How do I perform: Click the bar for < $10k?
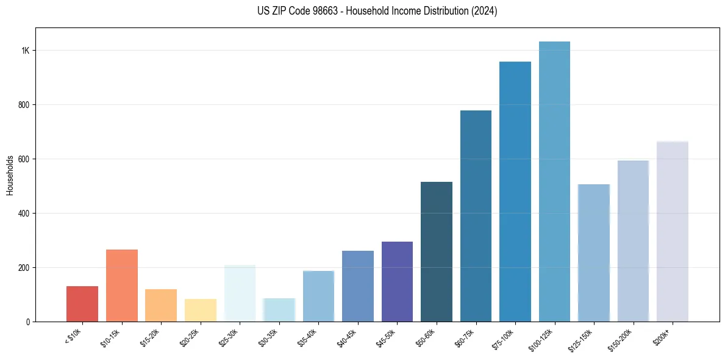(x=82, y=304)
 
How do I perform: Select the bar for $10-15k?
(x=122, y=286)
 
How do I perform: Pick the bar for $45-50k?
(x=397, y=281)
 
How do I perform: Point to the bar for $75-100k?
(x=515, y=192)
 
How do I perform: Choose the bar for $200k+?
(x=672, y=231)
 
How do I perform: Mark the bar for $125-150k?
(x=593, y=253)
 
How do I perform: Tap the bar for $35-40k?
(x=318, y=296)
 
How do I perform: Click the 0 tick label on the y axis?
(x=27, y=322)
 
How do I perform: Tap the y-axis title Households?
(x=10, y=175)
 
